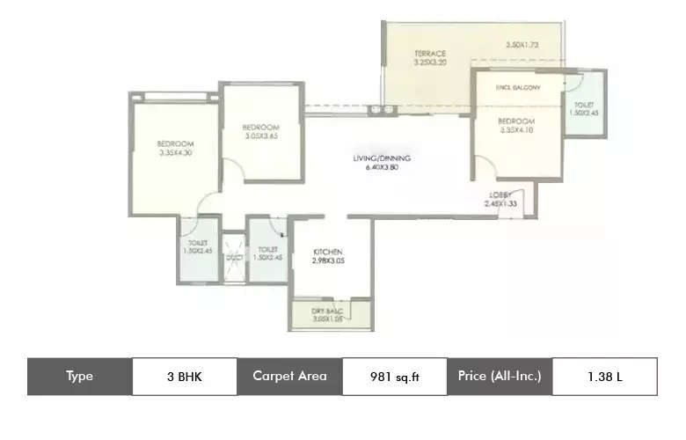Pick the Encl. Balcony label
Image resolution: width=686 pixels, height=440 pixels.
518,88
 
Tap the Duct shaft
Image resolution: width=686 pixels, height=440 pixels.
233,257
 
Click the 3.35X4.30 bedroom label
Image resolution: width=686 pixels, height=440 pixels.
175,148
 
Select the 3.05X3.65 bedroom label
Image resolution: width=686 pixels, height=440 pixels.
261,131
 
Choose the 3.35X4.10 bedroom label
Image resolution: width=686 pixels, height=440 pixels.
516,125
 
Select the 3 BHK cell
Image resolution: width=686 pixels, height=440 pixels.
185,376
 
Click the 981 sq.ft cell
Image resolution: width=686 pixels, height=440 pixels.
395,376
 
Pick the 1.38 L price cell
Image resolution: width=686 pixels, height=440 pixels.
604,376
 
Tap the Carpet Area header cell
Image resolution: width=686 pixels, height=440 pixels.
289,376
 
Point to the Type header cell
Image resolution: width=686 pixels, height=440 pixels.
79,376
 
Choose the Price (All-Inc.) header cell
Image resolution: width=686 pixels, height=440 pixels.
500,376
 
